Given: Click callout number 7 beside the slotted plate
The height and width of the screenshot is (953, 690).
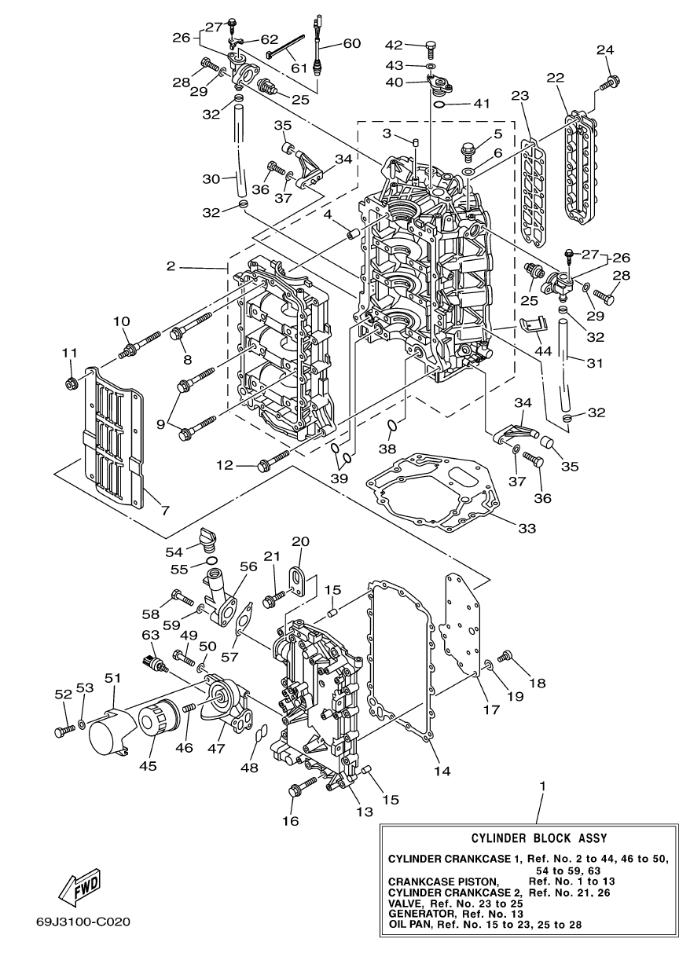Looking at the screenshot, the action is click(x=164, y=510).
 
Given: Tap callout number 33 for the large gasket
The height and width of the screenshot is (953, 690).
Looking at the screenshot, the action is click(x=527, y=529).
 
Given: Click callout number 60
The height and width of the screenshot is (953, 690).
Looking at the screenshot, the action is click(x=351, y=43).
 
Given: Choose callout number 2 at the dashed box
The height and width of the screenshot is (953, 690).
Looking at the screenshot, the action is click(x=171, y=267).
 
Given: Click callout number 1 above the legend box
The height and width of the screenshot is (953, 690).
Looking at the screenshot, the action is click(x=543, y=786).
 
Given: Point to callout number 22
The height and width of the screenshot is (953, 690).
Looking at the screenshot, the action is click(x=556, y=78).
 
